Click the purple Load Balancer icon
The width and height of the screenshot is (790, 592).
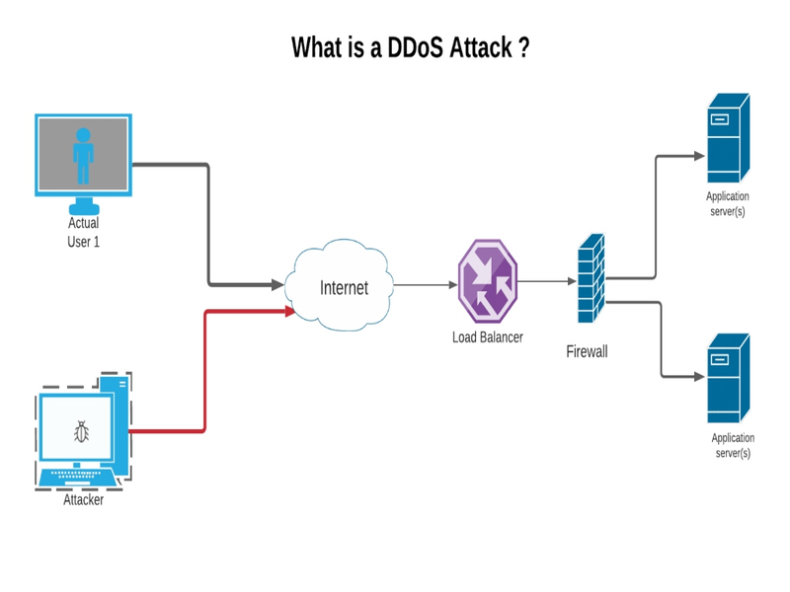tap(487, 281)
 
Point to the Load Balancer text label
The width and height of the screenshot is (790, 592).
tap(487, 337)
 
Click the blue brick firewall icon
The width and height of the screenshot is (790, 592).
tap(591, 278)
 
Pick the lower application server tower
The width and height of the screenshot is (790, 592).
tap(728, 380)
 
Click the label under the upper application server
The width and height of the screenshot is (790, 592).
tap(727, 204)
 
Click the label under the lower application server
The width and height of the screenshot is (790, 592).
tap(732, 445)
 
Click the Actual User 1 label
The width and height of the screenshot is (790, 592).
tap(83, 232)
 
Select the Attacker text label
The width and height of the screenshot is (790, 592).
tap(83, 499)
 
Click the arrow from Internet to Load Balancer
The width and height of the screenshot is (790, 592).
tap(425, 285)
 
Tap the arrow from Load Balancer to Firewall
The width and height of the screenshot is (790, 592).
tap(547, 281)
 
